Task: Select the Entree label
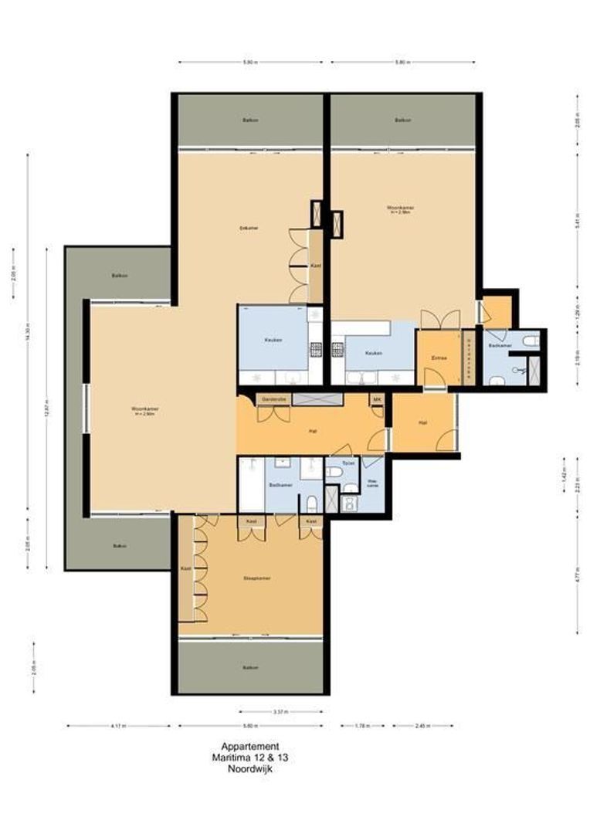(439, 358)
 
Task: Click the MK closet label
(377, 399)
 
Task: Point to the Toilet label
(348, 463)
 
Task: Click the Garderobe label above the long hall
(273, 399)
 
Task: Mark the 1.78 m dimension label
(362, 726)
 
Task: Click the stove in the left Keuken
(315, 350)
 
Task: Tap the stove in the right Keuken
(338, 350)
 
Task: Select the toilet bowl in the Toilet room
(334, 473)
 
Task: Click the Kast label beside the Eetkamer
(315, 266)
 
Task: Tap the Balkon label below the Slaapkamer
(249, 667)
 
